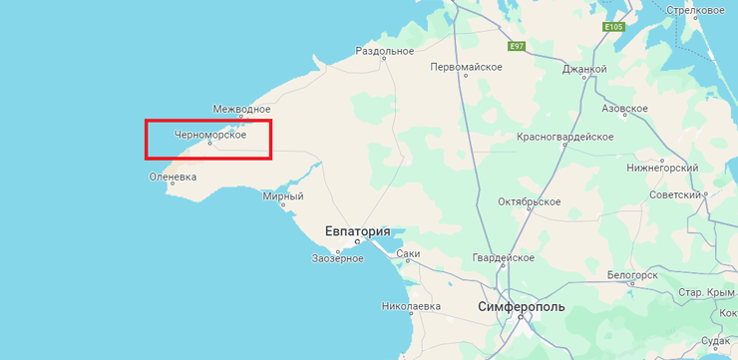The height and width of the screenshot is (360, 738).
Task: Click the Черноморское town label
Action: [x=209, y=134]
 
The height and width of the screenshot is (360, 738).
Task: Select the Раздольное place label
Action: [x=384, y=51]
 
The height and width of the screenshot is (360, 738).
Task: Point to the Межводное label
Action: [x=241, y=109]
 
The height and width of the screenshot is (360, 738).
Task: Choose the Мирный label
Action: [x=282, y=196]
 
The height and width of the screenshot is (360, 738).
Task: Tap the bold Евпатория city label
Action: [x=358, y=230]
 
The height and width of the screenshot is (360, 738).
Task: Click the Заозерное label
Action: [x=338, y=258]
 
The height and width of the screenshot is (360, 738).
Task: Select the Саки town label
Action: [x=408, y=253]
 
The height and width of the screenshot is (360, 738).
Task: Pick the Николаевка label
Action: [x=411, y=306]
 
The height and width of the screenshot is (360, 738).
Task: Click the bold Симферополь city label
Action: [x=521, y=306]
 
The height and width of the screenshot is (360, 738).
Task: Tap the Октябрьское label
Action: [x=529, y=201]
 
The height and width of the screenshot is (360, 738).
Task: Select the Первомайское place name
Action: [x=465, y=68]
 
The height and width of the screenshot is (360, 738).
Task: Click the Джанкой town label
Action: [x=584, y=69]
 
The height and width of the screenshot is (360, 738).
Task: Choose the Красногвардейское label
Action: [x=564, y=136]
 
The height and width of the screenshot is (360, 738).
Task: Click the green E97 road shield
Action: [x=516, y=47]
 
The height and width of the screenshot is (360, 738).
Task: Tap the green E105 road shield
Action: [x=613, y=27]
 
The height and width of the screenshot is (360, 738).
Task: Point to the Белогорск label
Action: [x=632, y=274]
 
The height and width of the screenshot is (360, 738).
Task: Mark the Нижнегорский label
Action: [x=662, y=169]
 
